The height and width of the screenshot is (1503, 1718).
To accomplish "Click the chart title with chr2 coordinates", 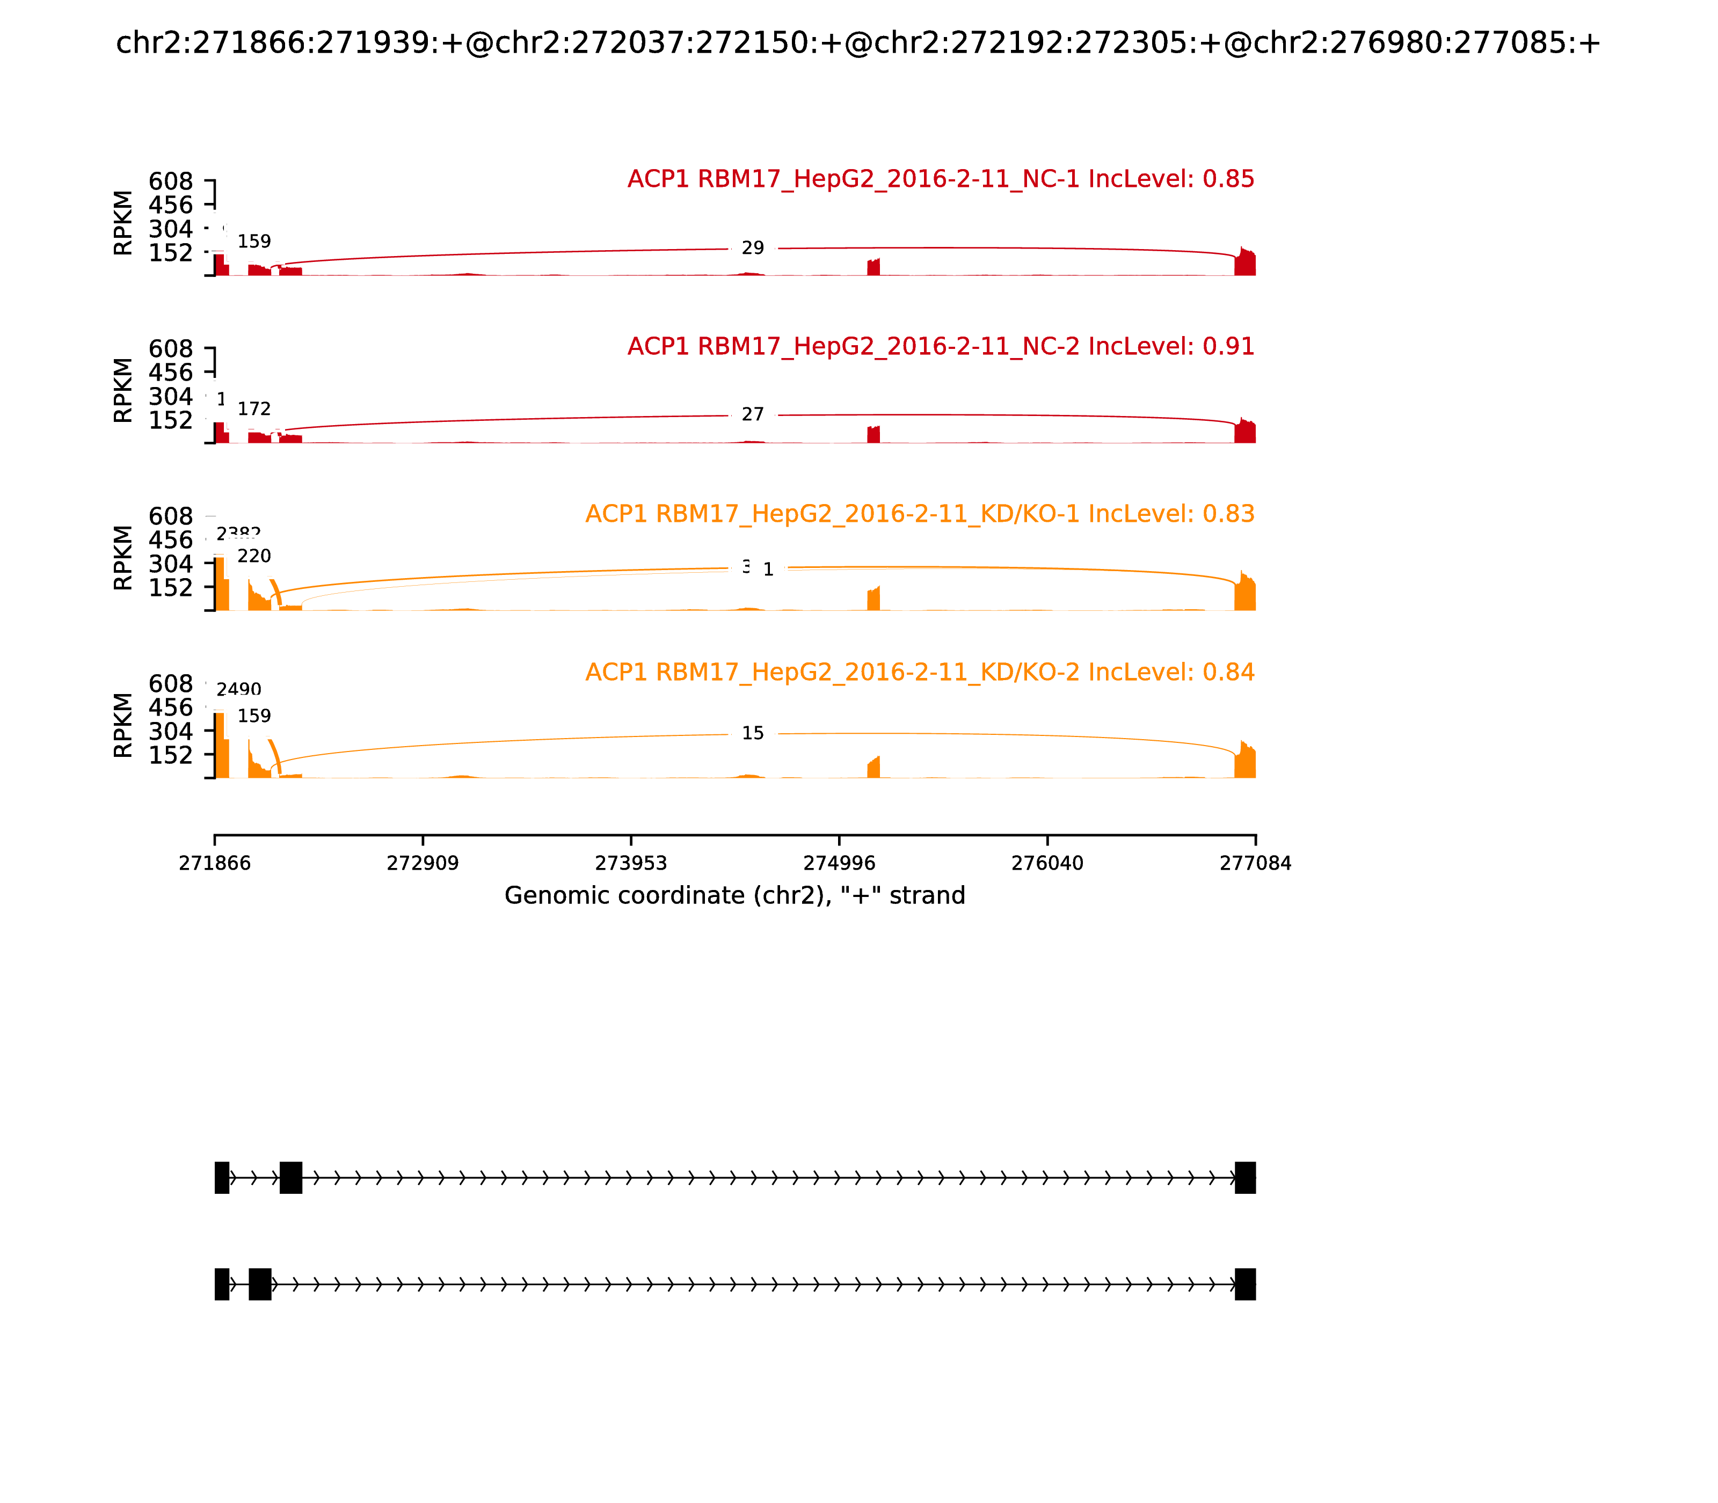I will [857, 43].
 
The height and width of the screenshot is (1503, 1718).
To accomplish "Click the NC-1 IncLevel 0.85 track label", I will [941, 179].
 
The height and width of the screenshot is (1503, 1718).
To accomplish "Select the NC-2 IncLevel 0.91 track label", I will [941, 346].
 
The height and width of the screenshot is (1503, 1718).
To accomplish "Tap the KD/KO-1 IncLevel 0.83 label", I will [919, 514].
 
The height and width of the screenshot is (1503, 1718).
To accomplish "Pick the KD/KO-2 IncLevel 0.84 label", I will [919, 673].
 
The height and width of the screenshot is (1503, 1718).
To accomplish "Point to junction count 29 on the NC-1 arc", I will [753, 248].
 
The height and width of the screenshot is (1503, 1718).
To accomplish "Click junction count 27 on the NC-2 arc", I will [753, 415].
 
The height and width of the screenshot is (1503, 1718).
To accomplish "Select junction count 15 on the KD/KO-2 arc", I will [753, 734].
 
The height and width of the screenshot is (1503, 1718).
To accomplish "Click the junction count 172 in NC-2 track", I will [254, 409].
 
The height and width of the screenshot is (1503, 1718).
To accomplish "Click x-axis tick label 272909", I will [423, 864].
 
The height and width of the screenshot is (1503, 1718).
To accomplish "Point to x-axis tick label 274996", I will [839, 864].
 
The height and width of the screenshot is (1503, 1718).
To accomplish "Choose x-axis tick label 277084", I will [1255, 864].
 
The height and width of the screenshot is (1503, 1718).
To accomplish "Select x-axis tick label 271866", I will [215, 864].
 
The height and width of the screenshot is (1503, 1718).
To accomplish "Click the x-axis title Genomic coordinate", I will [735, 896].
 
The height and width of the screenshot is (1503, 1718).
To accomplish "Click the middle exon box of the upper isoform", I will [290, 1178].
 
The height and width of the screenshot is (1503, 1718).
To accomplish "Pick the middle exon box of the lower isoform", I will [260, 1284].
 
